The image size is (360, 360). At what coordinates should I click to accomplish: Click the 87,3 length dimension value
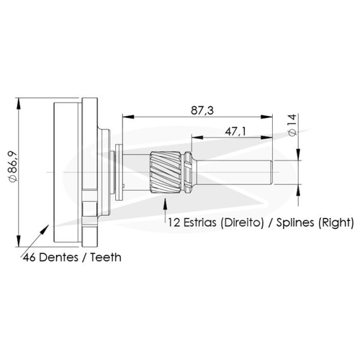(202, 111)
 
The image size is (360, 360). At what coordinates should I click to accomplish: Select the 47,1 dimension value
(235, 132)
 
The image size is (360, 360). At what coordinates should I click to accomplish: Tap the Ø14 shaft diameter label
(292, 125)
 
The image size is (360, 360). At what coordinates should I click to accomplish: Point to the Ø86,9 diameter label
(13, 167)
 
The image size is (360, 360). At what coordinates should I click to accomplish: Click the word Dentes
(58, 258)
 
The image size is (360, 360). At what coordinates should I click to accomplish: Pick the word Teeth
(106, 257)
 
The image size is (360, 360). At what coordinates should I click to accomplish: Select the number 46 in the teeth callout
(30, 258)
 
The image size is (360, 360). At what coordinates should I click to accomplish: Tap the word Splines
(295, 222)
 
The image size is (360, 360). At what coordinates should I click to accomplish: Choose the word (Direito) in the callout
(242, 222)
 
